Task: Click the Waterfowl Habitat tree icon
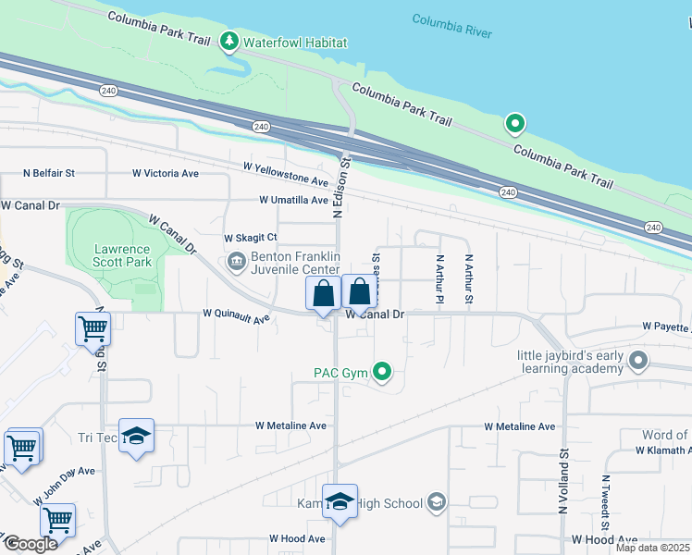point(229,42)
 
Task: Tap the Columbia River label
point(451,26)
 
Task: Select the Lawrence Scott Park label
point(122,256)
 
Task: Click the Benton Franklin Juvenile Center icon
point(237,263)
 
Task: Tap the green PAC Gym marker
point(382,374)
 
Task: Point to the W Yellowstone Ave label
point(286,174)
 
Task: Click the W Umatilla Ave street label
point(293,200)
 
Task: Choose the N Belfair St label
point(49,173)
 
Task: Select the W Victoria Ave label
point(166,173)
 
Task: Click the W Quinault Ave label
point(236,318)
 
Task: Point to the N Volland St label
point(563,481)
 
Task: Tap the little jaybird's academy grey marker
point(637,360)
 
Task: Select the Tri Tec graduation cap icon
point(136,438)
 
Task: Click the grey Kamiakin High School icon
point(437,503)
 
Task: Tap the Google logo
point(31,544)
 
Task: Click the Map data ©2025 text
point(652,548)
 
